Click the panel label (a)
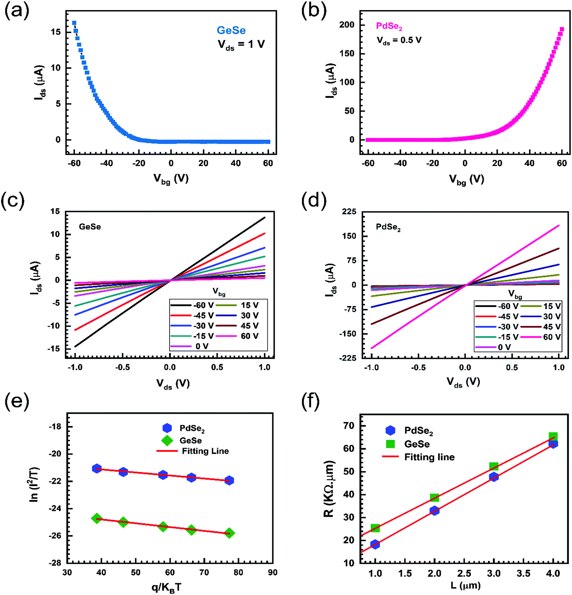point(16,11)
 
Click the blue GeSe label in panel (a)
point(231,30)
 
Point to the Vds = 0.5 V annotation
point(399,40)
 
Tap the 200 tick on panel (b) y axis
point(347,25)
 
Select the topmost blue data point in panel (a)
point(74,23)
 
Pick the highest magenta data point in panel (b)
point(562,29)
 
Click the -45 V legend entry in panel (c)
point(192,315)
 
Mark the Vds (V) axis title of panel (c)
point(173,384)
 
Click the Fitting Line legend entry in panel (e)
point(193,451)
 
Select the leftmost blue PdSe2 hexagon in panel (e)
point(97,469)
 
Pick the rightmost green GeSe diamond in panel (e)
point(230,533)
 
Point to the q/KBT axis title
point(167,588)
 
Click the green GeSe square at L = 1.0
point(375,528)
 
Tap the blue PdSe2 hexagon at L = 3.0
point(494,477)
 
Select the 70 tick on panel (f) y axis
point(349,426)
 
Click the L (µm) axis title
point(465,585)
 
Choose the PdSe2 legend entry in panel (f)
point(409,430)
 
